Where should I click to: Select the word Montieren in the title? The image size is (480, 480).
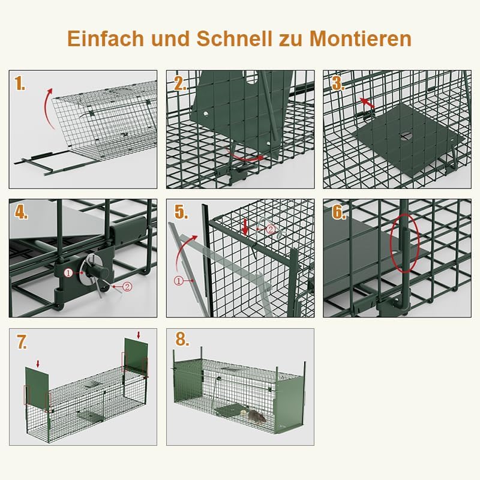(x=361, y=38)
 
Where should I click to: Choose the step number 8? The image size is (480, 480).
(x=181, y=340)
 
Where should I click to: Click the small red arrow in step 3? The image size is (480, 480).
(x=367, y=103)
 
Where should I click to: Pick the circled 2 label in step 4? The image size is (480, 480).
(x=127, y=287)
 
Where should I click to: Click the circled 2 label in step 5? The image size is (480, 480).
(x=270, y=229)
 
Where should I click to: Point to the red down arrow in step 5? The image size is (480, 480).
(x=245, y=226)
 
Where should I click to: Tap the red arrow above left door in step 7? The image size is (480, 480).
(x=38, y=363)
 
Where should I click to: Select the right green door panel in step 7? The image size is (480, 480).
(x=136, y=359)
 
